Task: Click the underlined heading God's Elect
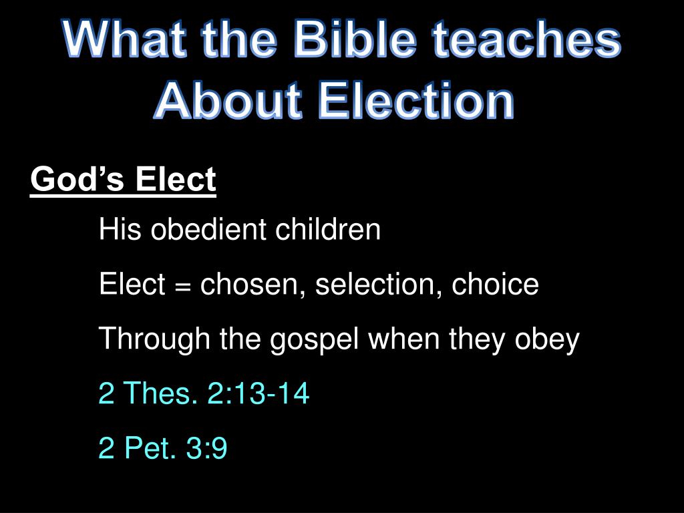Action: tap(124, 180)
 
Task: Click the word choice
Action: tap(496, 285)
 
